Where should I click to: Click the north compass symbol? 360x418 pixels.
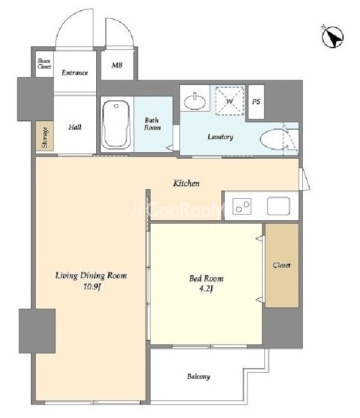[x=332, y=36]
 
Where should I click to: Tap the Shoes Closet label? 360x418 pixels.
[x=44, y=63]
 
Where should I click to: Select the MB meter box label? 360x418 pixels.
[x=117, y=65]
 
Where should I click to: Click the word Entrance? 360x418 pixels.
[x=75, y=72]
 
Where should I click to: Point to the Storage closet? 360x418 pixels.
[x=45, y=136]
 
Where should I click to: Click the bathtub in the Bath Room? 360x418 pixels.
[x=116, y=125]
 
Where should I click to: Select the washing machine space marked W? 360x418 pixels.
[x=230, y=101]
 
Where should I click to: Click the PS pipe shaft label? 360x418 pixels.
[x=256, y=101]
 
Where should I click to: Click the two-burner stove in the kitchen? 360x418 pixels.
[x=242, y=207]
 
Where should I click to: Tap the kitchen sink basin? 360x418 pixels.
[x=278, y=206]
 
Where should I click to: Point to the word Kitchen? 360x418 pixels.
[x=186, y=184]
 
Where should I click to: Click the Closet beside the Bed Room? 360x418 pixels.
[x=282, y=266]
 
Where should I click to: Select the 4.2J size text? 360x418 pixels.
[x=205, y=289]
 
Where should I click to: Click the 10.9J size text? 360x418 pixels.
[x=92, y=287]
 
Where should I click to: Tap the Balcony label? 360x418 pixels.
[x=199, y=377]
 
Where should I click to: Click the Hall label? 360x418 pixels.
[x=75, y=127]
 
